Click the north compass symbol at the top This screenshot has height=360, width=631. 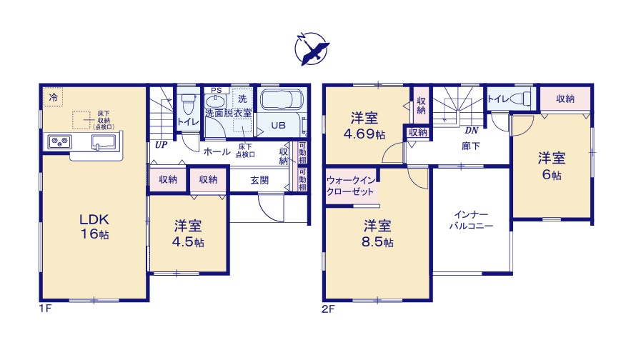coord(312,49)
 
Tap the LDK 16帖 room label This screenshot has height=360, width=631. coord(94,226)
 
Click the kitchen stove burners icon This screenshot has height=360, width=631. coord(59,141)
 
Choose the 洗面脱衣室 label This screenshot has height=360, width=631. coord(228,114)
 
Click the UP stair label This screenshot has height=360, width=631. coord(162,144)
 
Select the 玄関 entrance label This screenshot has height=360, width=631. coord(260,180)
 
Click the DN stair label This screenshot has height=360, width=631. coord(472,131)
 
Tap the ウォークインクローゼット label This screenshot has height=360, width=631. coord(352,187)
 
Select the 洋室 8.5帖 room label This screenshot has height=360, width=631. coord(378,234)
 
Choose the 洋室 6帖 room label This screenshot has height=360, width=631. coord(550,165)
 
